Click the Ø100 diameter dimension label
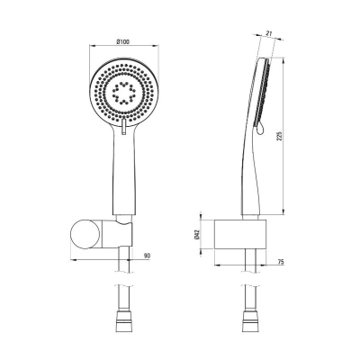[x=122, y=42]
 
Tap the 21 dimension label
[x=269, y=34]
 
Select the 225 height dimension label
[x=279, y=137]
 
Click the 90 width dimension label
[x=147, y=256]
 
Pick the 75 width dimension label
[x=281, y=262]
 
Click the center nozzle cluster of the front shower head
[x=123, y=92]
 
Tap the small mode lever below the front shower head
[x=123, y=126]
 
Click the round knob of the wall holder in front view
[x=85, y=234]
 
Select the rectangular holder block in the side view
[x=240, y=234]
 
